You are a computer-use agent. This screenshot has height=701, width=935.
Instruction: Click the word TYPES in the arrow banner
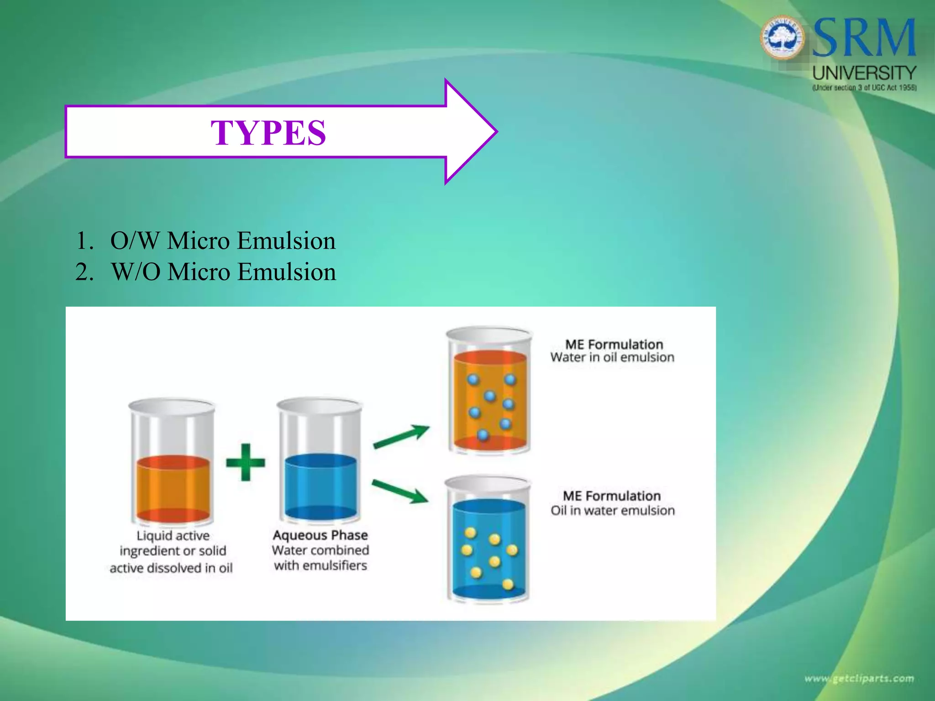[x=268, y=133]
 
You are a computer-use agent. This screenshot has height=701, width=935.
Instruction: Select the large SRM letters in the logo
[x=864, y=38]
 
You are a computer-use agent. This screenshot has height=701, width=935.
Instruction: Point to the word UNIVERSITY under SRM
[x=864, y=73]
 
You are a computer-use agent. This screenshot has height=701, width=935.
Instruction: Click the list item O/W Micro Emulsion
[x=222, y=241]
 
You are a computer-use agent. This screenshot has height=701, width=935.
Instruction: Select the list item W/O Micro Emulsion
[x=223, y=272]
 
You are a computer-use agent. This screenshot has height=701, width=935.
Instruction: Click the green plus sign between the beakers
[x=246, y=462]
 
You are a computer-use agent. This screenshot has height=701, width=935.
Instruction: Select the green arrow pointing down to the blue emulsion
[x=400, y=492]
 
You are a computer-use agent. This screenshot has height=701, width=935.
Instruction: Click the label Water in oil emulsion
[x=612, y=357]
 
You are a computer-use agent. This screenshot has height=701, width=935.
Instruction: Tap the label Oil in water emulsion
[x=612, y=510]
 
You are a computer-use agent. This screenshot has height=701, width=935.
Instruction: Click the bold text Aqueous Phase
[x=320, y=535]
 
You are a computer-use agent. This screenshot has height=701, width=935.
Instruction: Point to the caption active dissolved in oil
[x=171, y=568]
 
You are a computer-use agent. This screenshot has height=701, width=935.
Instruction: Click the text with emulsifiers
[x=320, y=566]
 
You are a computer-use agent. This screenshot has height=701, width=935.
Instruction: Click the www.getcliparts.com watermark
[x=859, y=679]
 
